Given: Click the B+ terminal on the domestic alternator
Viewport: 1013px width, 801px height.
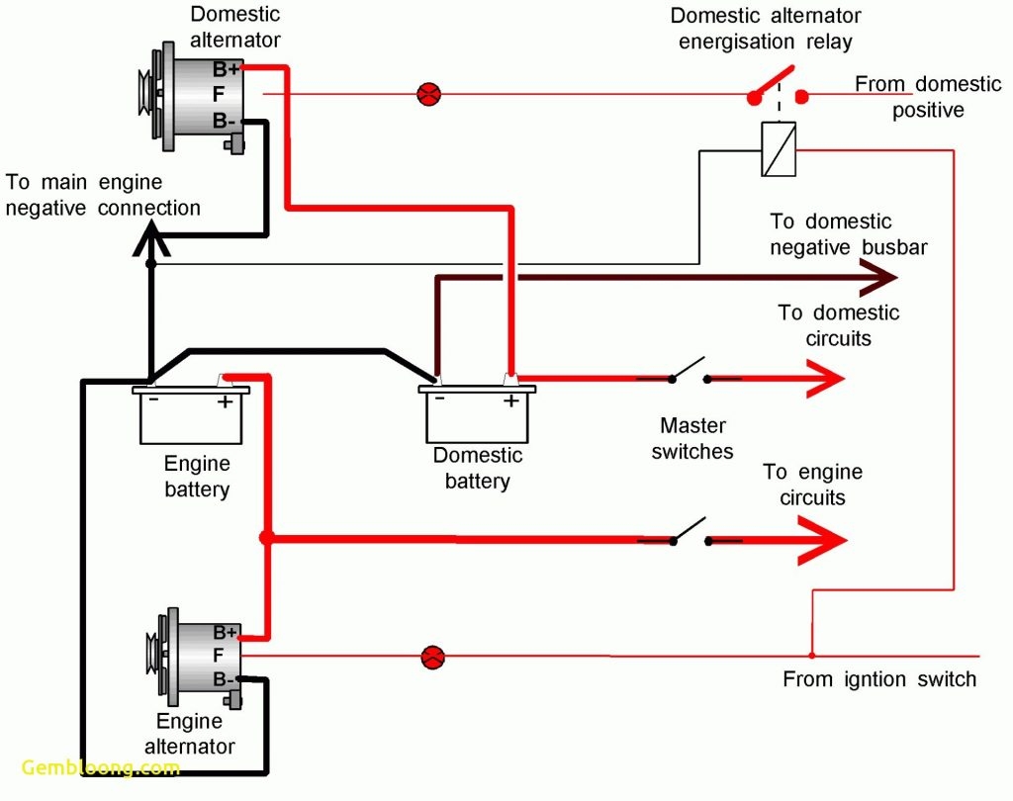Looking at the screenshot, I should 227,69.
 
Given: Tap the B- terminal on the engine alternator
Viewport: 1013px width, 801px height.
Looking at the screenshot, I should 224,679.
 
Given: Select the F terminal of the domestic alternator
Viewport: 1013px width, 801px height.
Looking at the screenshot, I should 220,95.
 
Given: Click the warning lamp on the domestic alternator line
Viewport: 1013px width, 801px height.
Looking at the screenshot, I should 428,95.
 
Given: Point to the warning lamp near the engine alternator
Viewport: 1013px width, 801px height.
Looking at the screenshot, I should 432,657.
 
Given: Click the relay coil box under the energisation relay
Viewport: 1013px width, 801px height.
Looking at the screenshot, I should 779,150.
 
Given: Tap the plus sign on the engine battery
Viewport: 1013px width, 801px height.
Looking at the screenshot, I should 225,402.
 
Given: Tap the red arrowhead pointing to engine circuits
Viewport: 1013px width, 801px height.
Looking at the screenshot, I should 826,540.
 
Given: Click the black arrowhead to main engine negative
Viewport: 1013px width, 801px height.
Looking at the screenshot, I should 150,237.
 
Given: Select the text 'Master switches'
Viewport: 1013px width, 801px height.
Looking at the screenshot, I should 692,439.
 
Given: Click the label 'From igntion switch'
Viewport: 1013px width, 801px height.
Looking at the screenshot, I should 878,679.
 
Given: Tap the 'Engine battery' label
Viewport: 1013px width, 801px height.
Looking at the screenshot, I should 197,476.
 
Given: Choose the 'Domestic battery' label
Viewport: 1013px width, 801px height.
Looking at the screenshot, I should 478,469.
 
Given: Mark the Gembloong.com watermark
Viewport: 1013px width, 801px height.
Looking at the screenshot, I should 101,768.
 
